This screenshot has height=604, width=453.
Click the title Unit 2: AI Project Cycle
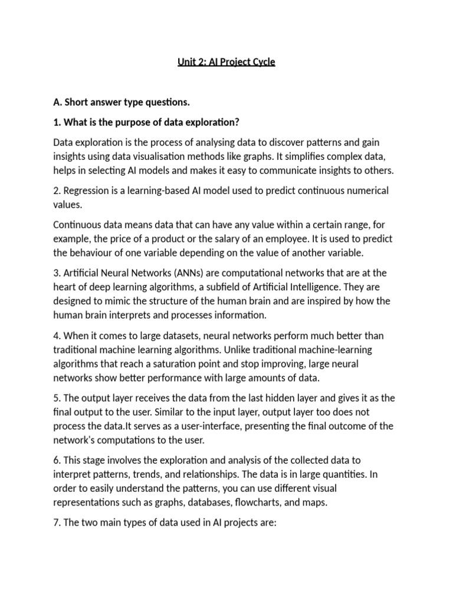[226, 62]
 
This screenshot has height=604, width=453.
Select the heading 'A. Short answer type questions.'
[122, 103]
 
